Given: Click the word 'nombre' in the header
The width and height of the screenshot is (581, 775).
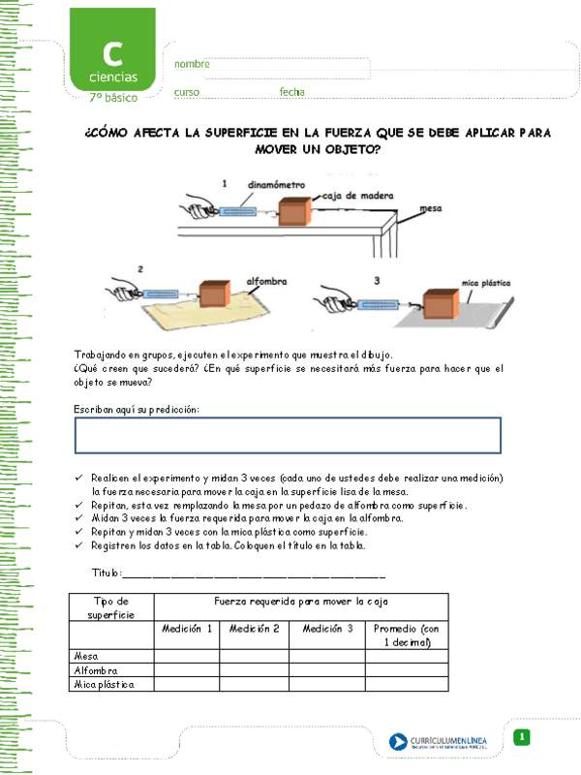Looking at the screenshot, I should click(192, 64).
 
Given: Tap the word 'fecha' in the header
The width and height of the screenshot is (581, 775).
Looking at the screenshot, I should click(291, 92).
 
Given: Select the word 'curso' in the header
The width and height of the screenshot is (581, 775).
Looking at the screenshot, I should click(187, 92).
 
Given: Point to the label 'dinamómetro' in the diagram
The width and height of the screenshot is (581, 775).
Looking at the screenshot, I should click(276, 183).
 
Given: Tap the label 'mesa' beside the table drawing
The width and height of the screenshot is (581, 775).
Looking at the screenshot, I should click(431, 207).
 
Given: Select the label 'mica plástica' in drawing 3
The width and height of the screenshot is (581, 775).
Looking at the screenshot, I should click(485, 283).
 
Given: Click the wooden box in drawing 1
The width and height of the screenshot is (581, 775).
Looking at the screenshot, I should click(295, 212).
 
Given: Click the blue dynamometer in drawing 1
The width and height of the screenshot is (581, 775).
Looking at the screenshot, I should click(236, 211).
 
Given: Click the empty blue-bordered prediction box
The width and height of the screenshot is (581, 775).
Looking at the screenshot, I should click(288, 436).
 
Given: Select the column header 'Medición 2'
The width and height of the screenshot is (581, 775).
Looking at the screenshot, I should click(254, 629).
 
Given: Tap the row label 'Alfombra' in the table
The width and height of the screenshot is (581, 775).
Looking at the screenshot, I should click(96, 670).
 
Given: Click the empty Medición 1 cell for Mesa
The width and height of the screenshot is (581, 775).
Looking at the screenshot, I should click(187, 657).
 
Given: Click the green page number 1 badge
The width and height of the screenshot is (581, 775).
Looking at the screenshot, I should click(522, 738).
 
